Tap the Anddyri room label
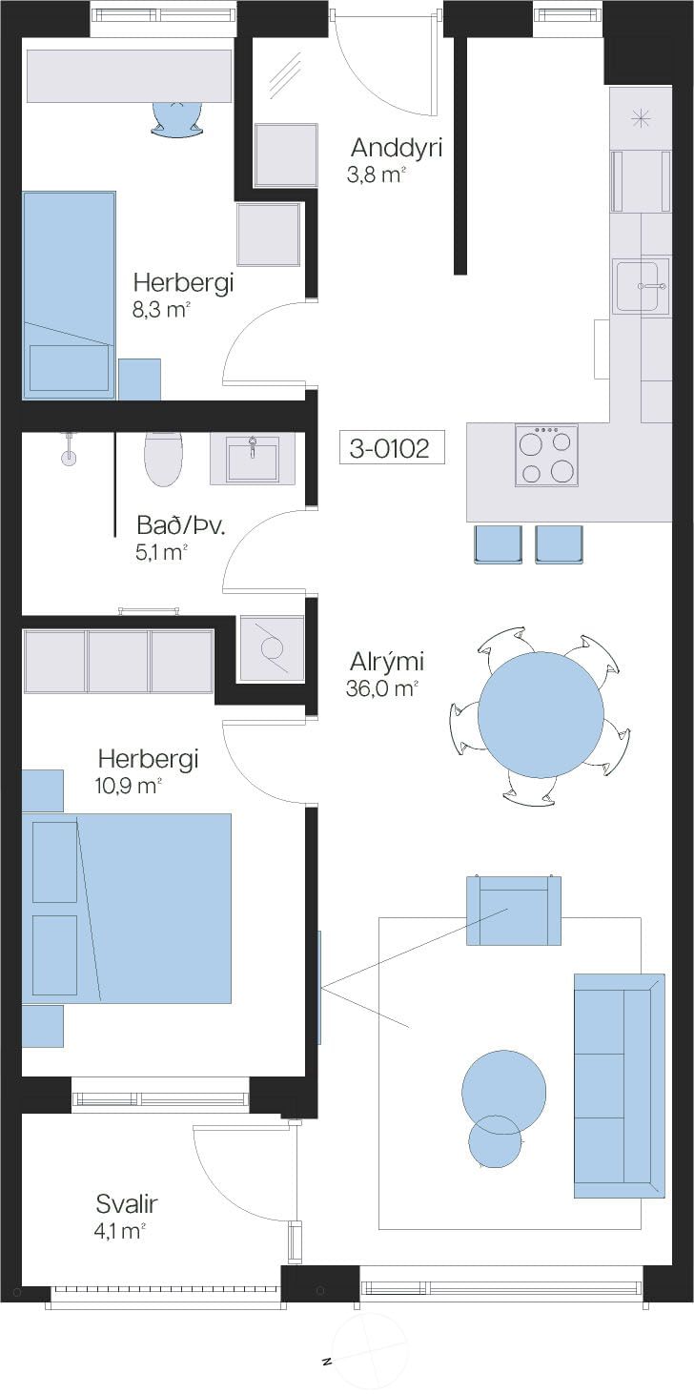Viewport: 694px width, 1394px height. pyautogui.click(x=397, y=148)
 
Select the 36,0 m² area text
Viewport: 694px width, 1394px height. pyautogui.click(x=381, y=688)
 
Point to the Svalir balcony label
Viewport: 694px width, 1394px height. pyautogui.click(x=127, y=1204)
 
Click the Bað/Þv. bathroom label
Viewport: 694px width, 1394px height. pyautogui.click(x=181, y=526)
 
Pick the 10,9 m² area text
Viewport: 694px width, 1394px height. pyautogui.click(x=129, y=786)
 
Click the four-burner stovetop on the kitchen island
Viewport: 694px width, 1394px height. pyautogui.click(x=546, y=455)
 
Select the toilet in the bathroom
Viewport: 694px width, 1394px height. pyautogui.click(x=163, y=460)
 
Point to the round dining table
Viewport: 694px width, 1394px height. pyautogui.click(x=541, y=714)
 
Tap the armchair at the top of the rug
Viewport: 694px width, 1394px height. pyautogui.click(x=514, y=911)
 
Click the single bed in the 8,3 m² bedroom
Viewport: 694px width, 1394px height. pyautogui.click(x=69, y=295)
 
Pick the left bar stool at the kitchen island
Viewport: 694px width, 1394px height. pyautogui.click(x=498, y=544)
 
